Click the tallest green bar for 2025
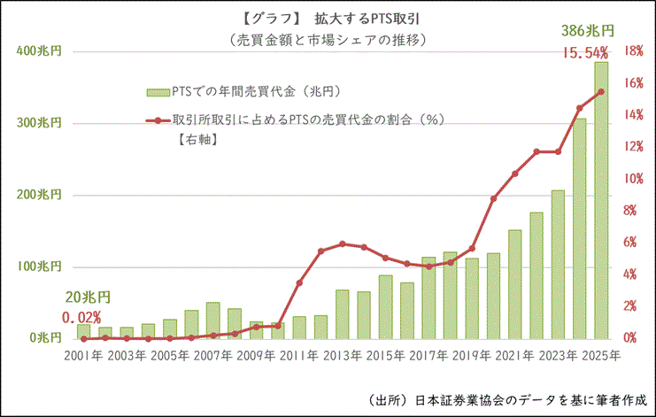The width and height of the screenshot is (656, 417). pos(601,200)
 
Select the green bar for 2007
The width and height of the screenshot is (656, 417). pos(212,320)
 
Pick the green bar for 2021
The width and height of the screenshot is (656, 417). pos(514,284)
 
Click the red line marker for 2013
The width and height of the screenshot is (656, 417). pos(342,243)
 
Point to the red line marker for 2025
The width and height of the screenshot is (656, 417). pos(601,91)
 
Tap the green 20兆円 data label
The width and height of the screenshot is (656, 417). pos(88,298)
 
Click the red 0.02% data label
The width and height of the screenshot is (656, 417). pos(81,317)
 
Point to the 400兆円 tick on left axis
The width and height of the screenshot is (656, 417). pos(40,51)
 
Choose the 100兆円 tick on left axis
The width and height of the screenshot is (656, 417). pos(40,266)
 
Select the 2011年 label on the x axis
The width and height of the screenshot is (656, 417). pos(299,355)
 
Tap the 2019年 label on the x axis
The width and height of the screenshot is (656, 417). pos(472,355)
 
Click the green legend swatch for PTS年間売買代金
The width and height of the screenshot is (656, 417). pos(160,92)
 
